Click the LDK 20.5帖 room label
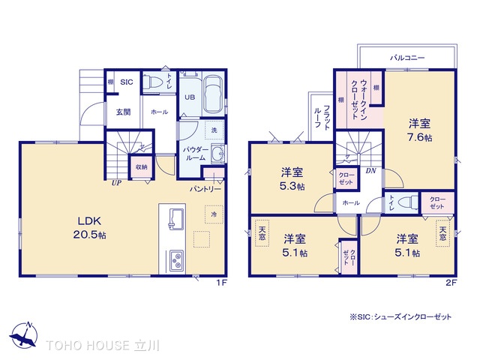[89, 227]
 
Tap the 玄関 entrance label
[123, 112]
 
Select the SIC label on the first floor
[127, 82]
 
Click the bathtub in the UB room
[213, 93]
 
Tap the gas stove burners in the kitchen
[176, 260]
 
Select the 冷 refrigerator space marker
[214, 214]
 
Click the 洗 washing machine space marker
[214, 130]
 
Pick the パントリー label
[205, 189]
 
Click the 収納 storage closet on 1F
[142, 167]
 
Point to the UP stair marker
[116, 183]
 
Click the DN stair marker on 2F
[370, 170]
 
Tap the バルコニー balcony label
[407, 58]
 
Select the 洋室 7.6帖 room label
[420, 130]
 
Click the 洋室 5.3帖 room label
[292, 179]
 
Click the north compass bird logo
[23, 335]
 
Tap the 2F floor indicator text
[451, 283]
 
